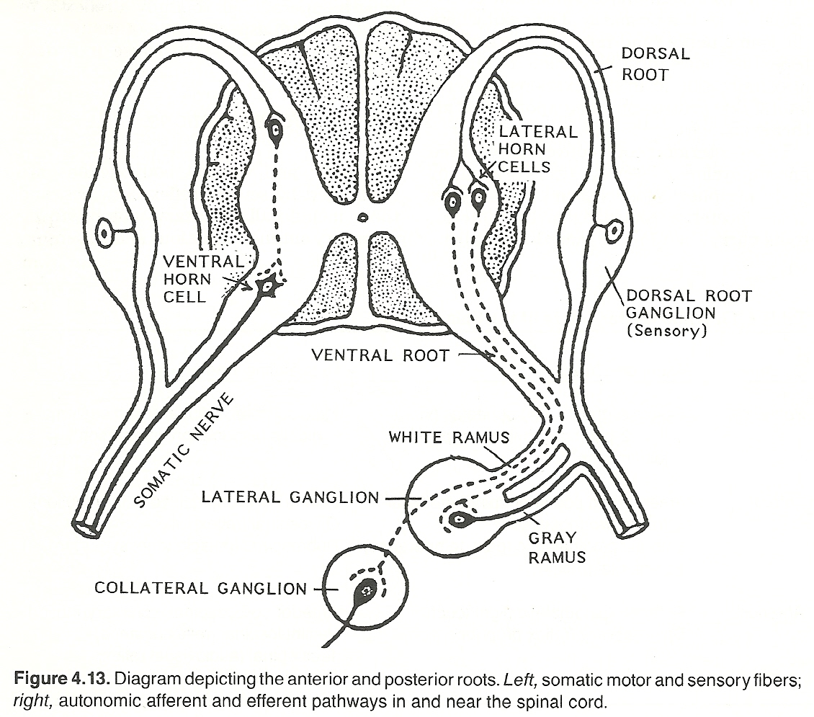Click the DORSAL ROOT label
[x=656, y=63]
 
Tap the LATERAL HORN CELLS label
[x=528, y=149]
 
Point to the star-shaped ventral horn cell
[x=267, y=287]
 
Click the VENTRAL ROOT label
[x=380, y=355]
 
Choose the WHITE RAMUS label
[x=449, y=437]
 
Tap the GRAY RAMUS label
[x=557, y=547]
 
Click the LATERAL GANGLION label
[x=290, y=497]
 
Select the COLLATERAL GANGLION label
[x=200, y=589]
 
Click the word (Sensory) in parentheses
[x=667, y=331]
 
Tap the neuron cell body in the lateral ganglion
[x=458, y=520]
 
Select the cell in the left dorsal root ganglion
[x=106, y=233]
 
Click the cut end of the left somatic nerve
[x=89, y=527]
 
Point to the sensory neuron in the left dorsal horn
[x=274, y=130]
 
